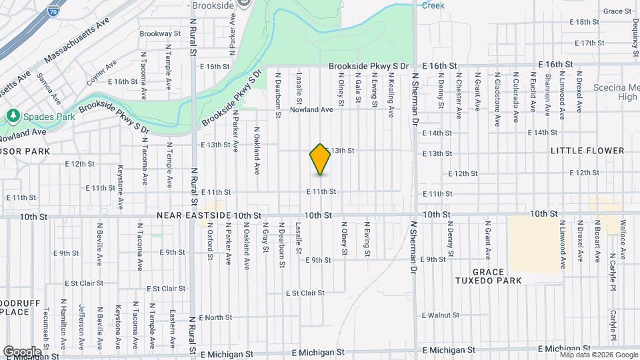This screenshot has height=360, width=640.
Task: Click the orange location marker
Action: pyautogui.click(x=320, y=159)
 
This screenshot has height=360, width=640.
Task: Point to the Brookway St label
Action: pyautogui.click(x=160, y=33)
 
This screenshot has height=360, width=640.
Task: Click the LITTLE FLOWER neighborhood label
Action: pyautogui.click(x=587, y=151)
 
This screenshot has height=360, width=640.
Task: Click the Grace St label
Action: pyautogui.click(x=617, y=11)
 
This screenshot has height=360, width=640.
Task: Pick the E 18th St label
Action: pyautogui.click(x=585, y=22)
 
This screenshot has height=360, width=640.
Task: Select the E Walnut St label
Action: pyautogui.click(x=441, y=315)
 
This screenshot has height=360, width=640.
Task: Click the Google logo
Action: pyautogui.click(x=22, y=351)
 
